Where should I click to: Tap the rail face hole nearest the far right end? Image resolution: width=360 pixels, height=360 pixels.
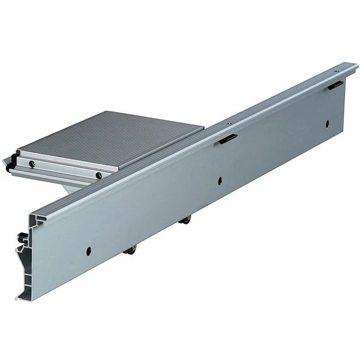pos(328,124)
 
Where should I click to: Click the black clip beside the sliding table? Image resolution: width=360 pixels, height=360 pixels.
pos(228,139)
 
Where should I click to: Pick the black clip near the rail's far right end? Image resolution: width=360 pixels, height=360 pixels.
pos(335,86)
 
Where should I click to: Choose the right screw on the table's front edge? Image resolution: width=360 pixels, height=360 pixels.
pos(98,175)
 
